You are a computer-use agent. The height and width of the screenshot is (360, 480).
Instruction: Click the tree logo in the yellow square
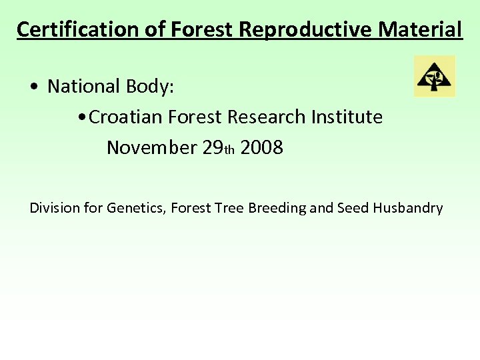tap(434, 77)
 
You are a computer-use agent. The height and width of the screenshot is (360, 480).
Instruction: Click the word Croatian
tap(126, 117)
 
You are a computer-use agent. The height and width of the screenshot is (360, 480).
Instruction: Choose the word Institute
tap(347, 117)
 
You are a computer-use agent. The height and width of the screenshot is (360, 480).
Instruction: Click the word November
tap(151, 147)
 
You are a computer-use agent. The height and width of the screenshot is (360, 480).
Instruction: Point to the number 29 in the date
tap(212, 147)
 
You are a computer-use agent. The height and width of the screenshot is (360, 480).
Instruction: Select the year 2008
tap(262, 147)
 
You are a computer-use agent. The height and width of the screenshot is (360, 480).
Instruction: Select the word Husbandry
tap(407, 208)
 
